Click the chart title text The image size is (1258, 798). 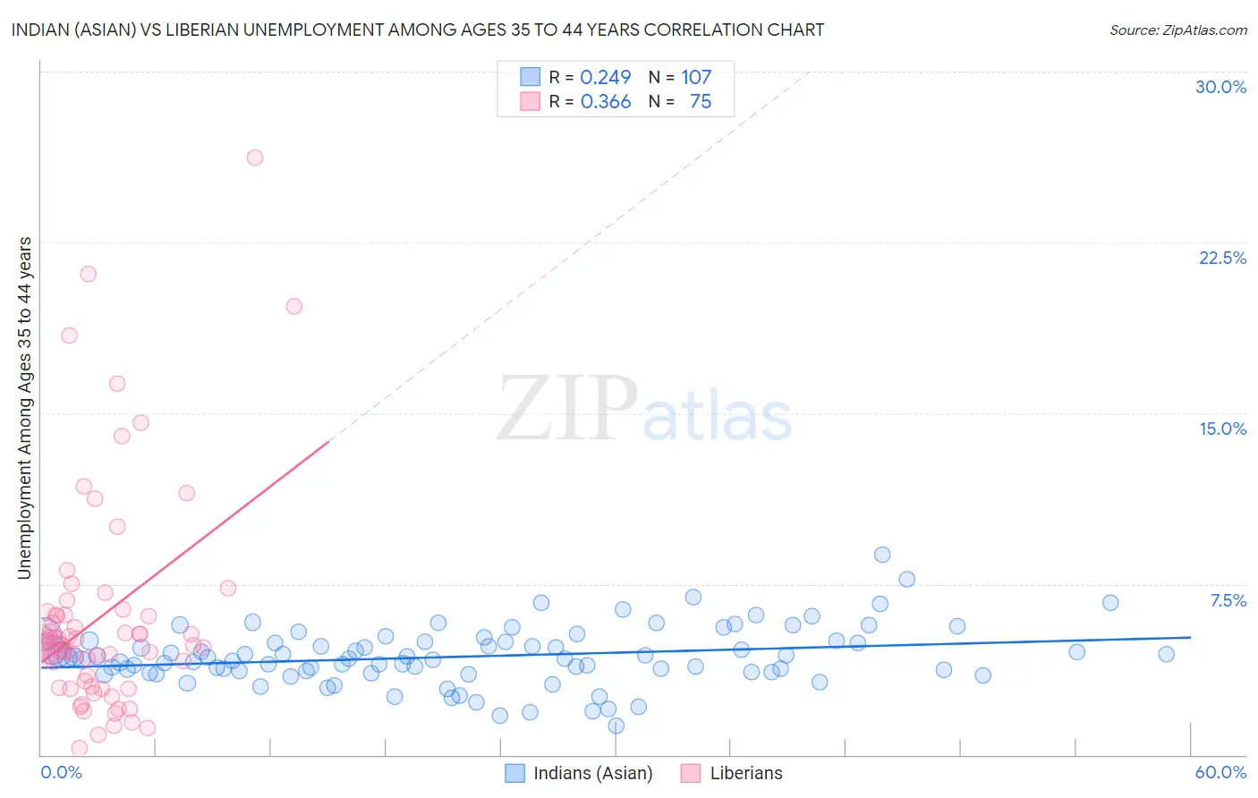coord(418,30)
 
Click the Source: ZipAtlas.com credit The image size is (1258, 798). coord(1177,30)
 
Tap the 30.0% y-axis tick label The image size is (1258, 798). coord(1220,87)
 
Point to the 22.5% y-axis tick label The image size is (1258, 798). coord(1222,258)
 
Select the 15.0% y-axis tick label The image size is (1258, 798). coord(1222,429)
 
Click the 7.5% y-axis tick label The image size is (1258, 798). coord(1228,600)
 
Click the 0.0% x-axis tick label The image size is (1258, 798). coord(61,772)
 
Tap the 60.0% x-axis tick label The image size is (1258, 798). coord(1220,772)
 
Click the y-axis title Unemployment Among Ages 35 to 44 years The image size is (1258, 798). coord(25,407)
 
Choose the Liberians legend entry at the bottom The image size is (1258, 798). coord(745,773)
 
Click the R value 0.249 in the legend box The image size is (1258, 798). coord(606,77)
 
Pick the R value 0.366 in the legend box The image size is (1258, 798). coord(606,102)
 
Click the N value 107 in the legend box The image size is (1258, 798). coord(696,77)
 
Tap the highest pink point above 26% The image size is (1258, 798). coord(255,157)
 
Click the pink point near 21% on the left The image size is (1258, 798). coord(88,274)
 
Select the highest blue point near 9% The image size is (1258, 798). coord(882,555)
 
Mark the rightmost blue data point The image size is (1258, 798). coord(1166,654)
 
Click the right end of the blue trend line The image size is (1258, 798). coord(1190,637)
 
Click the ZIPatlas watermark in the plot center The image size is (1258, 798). coord(644,409)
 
